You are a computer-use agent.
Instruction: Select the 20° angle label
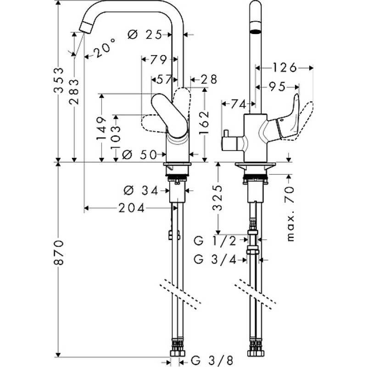coord(105,49)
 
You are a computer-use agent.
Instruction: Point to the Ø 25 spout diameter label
coord(145,35)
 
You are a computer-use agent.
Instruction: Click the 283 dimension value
coord(74,91)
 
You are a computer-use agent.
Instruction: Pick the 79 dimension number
coord(158,60)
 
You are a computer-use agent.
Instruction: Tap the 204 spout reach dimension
coord(132,208)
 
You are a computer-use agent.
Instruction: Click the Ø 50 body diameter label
coord(139,155)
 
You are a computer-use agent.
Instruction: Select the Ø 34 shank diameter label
coord(141,191)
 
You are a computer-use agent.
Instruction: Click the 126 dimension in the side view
coord(285,68)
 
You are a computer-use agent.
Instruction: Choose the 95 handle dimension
coord(277,87)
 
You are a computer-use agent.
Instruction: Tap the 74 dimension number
coord(238,104)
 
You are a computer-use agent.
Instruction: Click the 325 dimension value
coord(218,198)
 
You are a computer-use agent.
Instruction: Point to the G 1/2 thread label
coord(215,241)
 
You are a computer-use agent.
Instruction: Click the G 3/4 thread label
coord(215,260)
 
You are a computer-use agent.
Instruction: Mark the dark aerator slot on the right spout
coord(256,31)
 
